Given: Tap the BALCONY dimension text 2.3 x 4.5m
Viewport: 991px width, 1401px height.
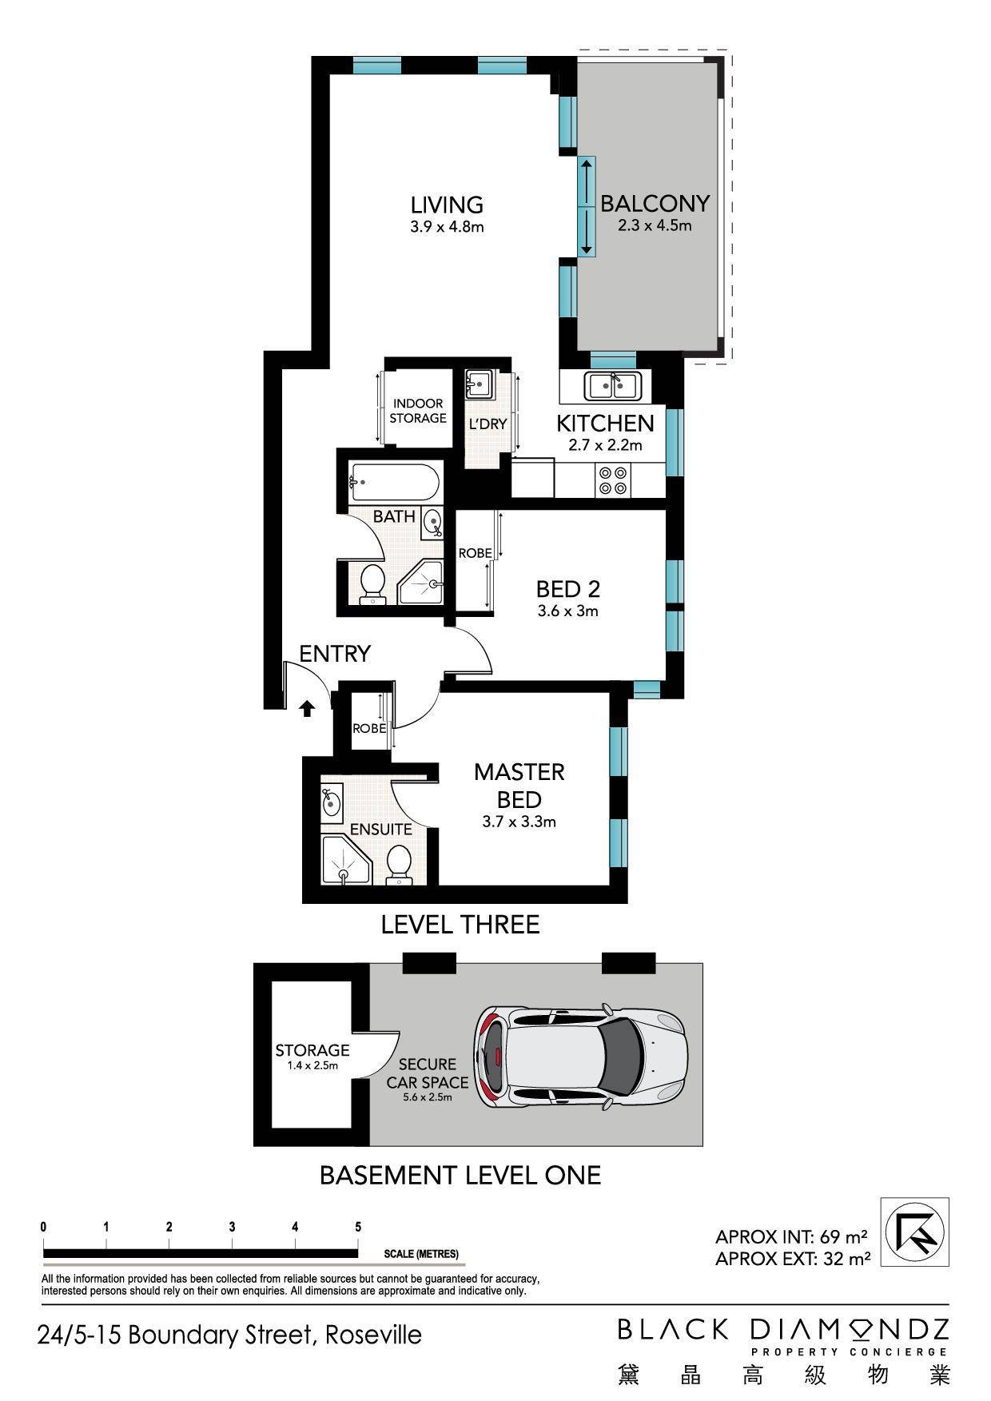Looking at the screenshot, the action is pos(655,225).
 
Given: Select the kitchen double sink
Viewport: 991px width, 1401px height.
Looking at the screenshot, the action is pos(612,386).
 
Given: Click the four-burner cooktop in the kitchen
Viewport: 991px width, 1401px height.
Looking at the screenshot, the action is pos(613,480).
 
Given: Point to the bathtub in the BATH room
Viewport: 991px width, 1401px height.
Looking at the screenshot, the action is pos(393,482).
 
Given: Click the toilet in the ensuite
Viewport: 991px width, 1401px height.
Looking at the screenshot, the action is pos(398,866).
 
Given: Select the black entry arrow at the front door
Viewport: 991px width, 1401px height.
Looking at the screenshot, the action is pos(306,709).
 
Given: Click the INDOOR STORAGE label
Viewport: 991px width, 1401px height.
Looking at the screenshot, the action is pos(418,411).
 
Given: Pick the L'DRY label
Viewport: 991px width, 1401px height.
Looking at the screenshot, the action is pos(488,424).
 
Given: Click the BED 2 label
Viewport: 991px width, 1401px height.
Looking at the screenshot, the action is pos(567,589).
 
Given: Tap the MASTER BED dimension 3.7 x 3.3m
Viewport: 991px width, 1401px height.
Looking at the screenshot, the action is pos(519,822).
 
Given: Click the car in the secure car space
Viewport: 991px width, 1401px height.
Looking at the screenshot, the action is pos(581,1054).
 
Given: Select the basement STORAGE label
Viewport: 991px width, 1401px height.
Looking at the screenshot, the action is pos(312,1050).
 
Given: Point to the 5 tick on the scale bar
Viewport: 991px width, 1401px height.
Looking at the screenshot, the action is pos(358,1228).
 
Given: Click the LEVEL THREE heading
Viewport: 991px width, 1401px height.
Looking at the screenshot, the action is pos(460,925).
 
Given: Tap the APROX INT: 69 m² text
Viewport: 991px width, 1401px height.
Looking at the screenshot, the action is pos(791,1237).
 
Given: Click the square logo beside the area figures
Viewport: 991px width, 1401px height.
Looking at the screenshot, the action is pos(914,1232).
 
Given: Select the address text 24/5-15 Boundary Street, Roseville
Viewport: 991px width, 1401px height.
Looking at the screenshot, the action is pos(229,1335).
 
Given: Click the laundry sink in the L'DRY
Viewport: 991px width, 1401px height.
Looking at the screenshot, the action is pos(480,383).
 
